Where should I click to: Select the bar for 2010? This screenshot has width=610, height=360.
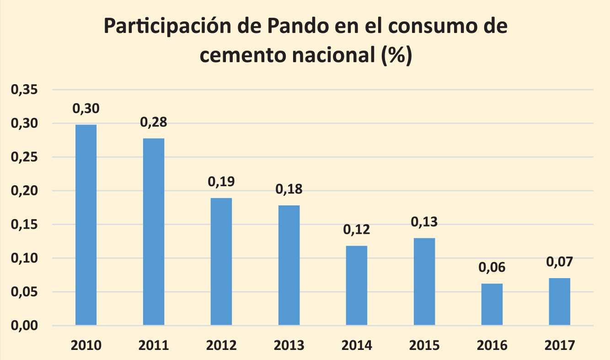point(86,225)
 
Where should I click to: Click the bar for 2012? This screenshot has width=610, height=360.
point(221,261)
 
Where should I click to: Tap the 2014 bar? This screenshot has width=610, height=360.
point(357,285)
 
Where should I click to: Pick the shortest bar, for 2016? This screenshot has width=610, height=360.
point(492,304)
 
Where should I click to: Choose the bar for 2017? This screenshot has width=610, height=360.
point(559,301)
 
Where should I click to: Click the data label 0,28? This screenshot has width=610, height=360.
point(154,122)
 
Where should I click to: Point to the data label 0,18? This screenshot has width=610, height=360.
point(289,189)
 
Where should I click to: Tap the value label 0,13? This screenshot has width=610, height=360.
point(424,222)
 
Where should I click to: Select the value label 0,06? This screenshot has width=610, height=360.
point(492,268)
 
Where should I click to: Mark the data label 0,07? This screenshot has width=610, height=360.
point(559,262)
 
